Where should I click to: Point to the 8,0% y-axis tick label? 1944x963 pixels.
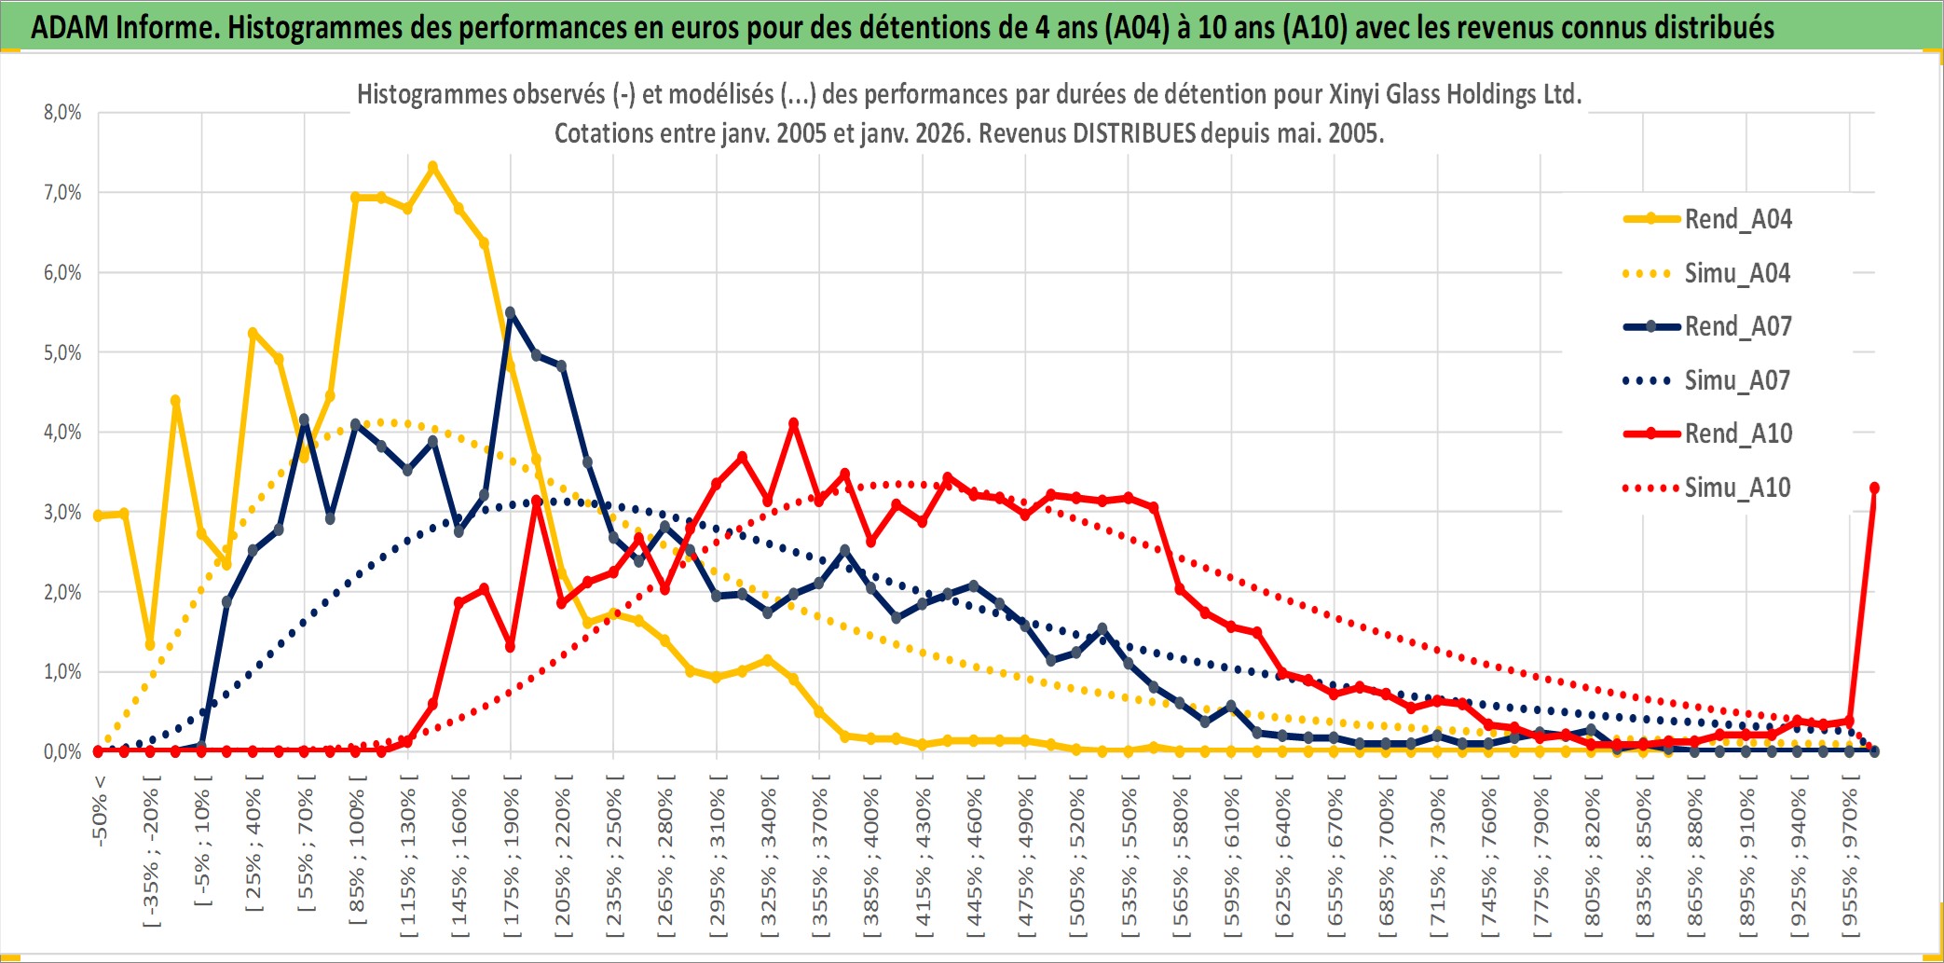(62, 113)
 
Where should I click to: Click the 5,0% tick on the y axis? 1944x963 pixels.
(62, 352)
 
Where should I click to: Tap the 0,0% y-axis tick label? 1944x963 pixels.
(62, 751)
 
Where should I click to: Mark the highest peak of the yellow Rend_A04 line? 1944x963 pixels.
(432, 167)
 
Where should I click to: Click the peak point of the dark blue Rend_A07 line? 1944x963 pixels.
(510, 312)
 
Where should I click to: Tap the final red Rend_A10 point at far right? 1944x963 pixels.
(1874, 488)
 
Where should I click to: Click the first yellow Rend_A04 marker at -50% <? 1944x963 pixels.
(99, 516)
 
